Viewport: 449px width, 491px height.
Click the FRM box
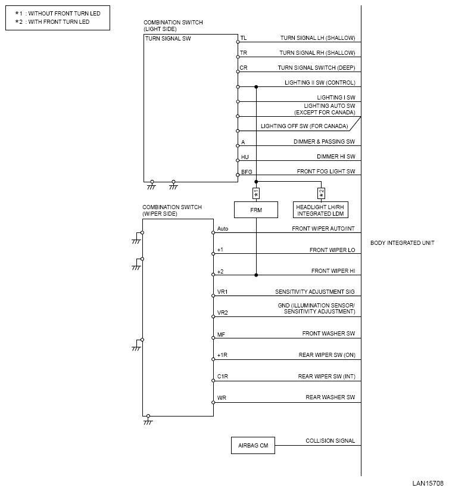[x=256, y=210]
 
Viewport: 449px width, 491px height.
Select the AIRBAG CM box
[x=253, y=445]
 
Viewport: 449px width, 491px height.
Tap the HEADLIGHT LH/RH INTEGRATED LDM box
[x=321, y=210]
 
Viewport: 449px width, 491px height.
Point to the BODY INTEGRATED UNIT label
[x=402, y=243]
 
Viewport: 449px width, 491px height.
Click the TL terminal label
[x=243, y=38]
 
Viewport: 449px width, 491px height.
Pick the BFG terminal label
[x=246, y=172]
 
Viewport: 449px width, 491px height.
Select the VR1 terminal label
[x=223, y=292]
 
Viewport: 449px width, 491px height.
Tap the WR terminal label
[x=222, y=397]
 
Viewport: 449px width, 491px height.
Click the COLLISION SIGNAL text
[x=330, y=441]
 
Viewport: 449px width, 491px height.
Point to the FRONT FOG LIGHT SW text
[x=326, y=172]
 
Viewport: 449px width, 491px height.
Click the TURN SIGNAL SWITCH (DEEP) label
[x=316, y=67]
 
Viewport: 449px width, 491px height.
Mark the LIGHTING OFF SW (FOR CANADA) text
[x=304, y=126]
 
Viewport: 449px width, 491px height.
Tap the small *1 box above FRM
[x=256, y=193]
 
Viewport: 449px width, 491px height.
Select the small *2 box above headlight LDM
[x=321, y=193]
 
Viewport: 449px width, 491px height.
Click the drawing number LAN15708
[x=428, y=484]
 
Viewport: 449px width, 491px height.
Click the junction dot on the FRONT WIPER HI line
[x=256, y=275]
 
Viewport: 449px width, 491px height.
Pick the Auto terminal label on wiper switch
[x=223, y=229]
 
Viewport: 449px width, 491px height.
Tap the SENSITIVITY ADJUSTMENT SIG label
[x=314, y=292]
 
